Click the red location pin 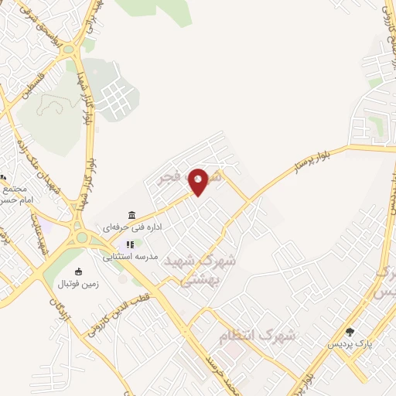click(x=199, y=181)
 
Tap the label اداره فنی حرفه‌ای click(x=131, y=229)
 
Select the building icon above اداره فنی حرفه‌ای click(x=131, y=215)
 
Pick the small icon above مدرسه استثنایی click(x=130, y=244)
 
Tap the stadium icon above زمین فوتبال click(x=77, y=271)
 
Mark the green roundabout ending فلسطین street click(x=69, y=49)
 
